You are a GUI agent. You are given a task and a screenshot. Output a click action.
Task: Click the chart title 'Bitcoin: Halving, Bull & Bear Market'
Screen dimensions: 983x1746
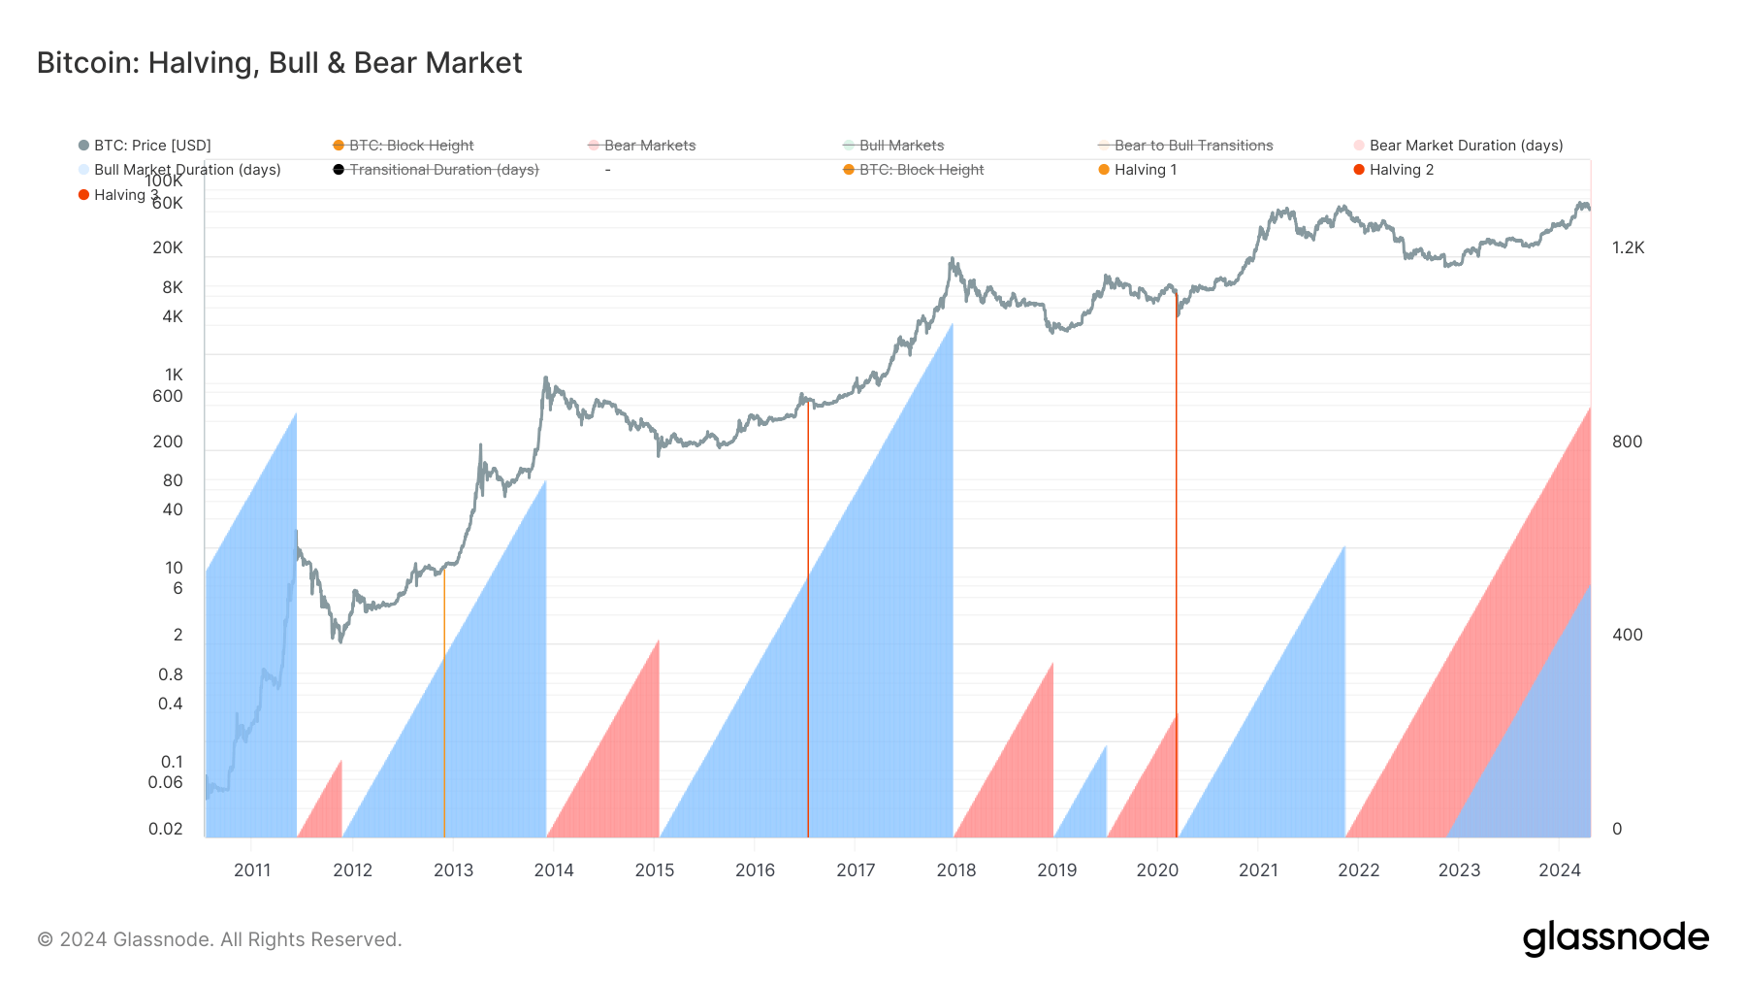point(279,63)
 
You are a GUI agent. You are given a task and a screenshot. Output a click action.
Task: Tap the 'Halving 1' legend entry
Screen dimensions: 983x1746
point(1145,170)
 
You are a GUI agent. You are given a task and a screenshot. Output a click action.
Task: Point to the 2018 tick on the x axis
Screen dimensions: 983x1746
point(956,869)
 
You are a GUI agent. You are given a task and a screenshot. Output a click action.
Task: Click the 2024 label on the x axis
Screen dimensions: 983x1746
point(1560,869)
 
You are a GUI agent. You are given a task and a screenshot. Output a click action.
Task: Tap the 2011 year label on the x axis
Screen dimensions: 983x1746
point(252,869)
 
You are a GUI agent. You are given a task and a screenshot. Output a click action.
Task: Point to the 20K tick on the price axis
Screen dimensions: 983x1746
point(168,247)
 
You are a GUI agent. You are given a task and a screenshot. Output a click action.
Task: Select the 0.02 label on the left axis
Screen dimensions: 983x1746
point(166,829)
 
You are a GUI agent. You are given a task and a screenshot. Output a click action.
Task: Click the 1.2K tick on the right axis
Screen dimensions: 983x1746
point(1629,247)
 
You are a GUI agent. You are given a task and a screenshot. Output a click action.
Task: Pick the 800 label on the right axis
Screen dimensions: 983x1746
point(1627,442)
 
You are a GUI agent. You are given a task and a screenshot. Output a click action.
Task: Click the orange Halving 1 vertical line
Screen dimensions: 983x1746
point(444,699)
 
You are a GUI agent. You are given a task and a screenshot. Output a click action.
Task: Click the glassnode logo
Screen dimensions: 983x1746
point(1615,938)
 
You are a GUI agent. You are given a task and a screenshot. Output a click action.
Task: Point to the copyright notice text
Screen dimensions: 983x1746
point(219,939)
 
